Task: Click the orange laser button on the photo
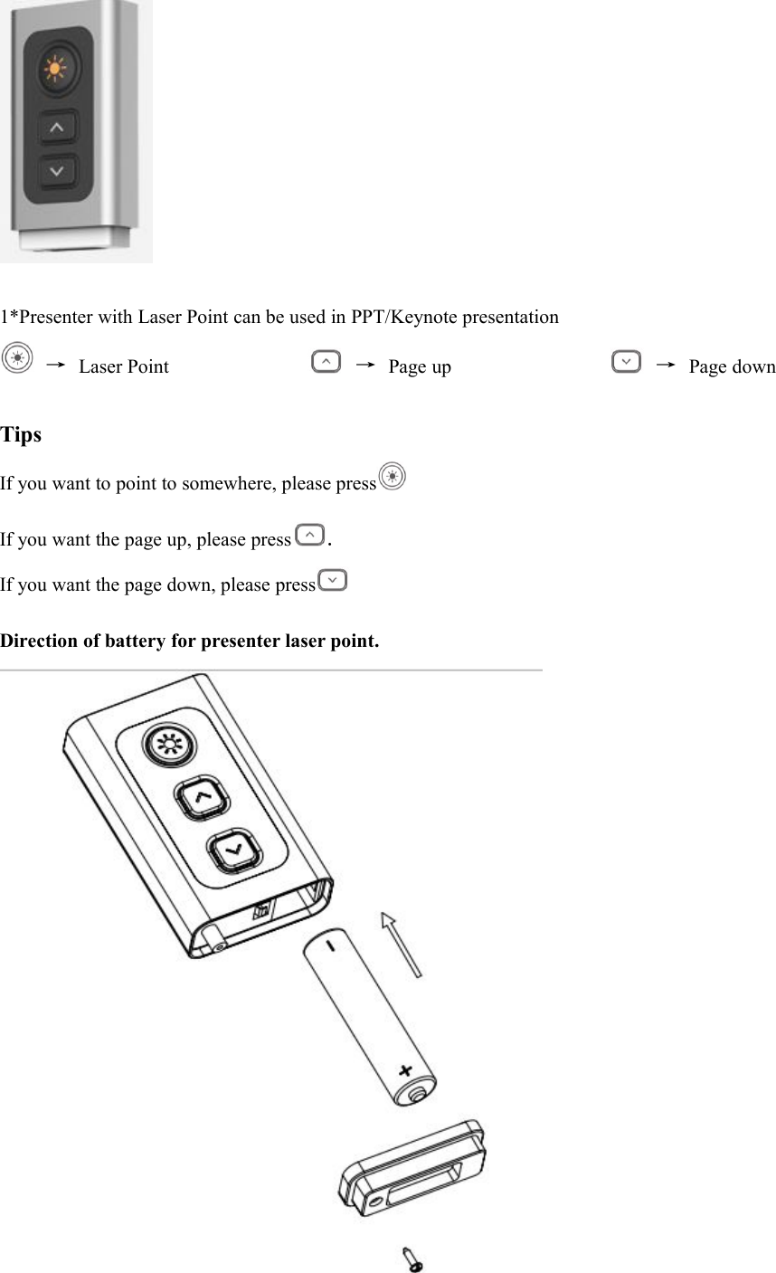[x=56, y=69]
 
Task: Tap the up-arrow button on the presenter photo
[x=57, y=128]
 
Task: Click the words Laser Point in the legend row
[x=123, y=366]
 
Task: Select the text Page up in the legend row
[x=419, y=366]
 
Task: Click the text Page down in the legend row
[x=731, y=366]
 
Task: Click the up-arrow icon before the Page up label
[x=326, y=362]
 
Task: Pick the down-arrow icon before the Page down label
[x=626, y=362]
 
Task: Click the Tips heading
[x=21, y=435]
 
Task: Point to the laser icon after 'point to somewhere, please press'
[x=392, y=476]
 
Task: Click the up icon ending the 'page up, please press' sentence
[x=309, y=535]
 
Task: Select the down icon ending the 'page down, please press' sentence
[x=333, y=579]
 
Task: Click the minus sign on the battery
[x=330, y=947]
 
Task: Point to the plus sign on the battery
[x=405, y=1070]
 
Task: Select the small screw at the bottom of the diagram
[x=412, y=1258]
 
